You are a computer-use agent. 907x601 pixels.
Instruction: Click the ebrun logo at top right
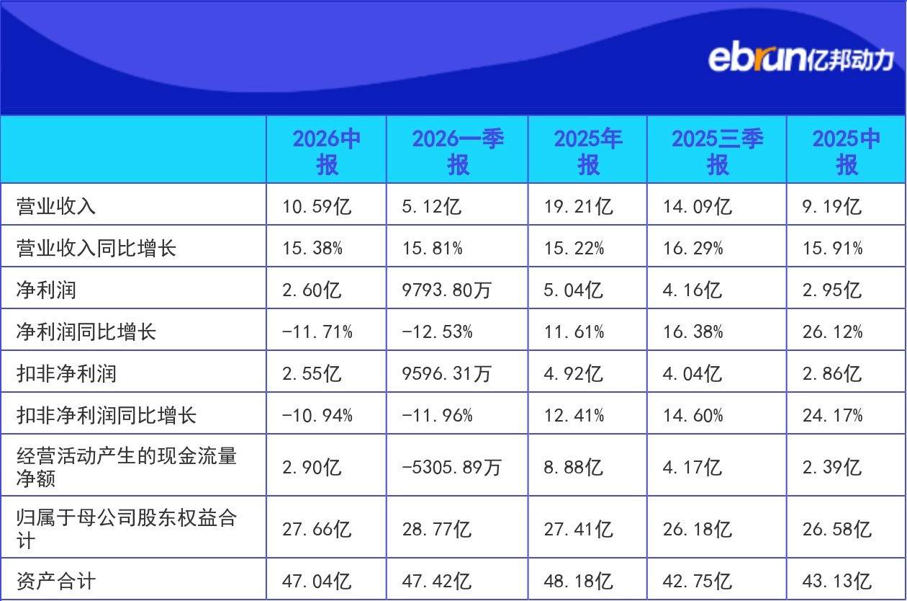(801, 60)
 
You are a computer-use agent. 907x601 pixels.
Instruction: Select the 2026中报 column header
(327, 151)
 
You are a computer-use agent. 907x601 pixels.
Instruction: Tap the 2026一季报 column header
(458, 151)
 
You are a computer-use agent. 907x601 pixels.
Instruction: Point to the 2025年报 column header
(588, 151)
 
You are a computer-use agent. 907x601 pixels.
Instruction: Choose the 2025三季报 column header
(718, 151)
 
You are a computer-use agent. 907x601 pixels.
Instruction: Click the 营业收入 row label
(56, 206)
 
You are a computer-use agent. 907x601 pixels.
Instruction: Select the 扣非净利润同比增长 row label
(106, 415)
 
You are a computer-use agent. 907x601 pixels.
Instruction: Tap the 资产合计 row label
(56, 581)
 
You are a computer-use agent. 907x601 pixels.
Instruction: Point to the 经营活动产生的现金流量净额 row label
(127, 467)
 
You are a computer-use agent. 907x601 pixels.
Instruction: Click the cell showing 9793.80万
(446, 290)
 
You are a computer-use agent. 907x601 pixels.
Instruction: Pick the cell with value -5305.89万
(451, 467)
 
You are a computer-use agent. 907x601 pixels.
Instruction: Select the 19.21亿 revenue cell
(578, 206)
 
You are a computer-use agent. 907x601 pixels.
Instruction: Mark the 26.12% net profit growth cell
(832, 332)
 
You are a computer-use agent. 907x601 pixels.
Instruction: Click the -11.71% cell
(317, 332)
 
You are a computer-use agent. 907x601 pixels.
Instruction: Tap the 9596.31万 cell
(446, 373)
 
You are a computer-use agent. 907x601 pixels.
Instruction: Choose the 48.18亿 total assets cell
(578, 581)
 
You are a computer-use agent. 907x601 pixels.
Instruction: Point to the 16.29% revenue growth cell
(692, 248)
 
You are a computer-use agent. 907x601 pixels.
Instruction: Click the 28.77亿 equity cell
(436, 529)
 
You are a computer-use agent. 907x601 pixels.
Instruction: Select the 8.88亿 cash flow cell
(573, 467)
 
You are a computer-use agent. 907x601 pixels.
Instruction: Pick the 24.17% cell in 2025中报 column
(832, 415)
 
